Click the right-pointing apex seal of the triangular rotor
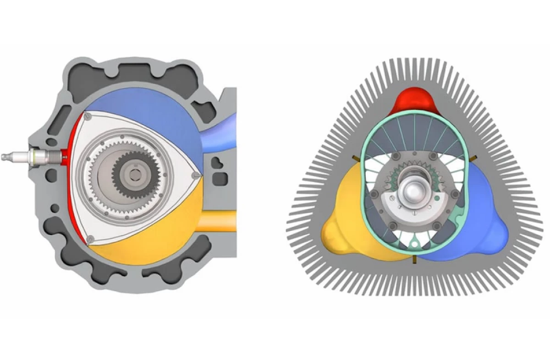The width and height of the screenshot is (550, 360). point(197,175)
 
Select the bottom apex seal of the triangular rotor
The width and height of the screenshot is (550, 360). point(89,238)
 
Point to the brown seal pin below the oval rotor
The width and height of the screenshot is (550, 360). point(414,260)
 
